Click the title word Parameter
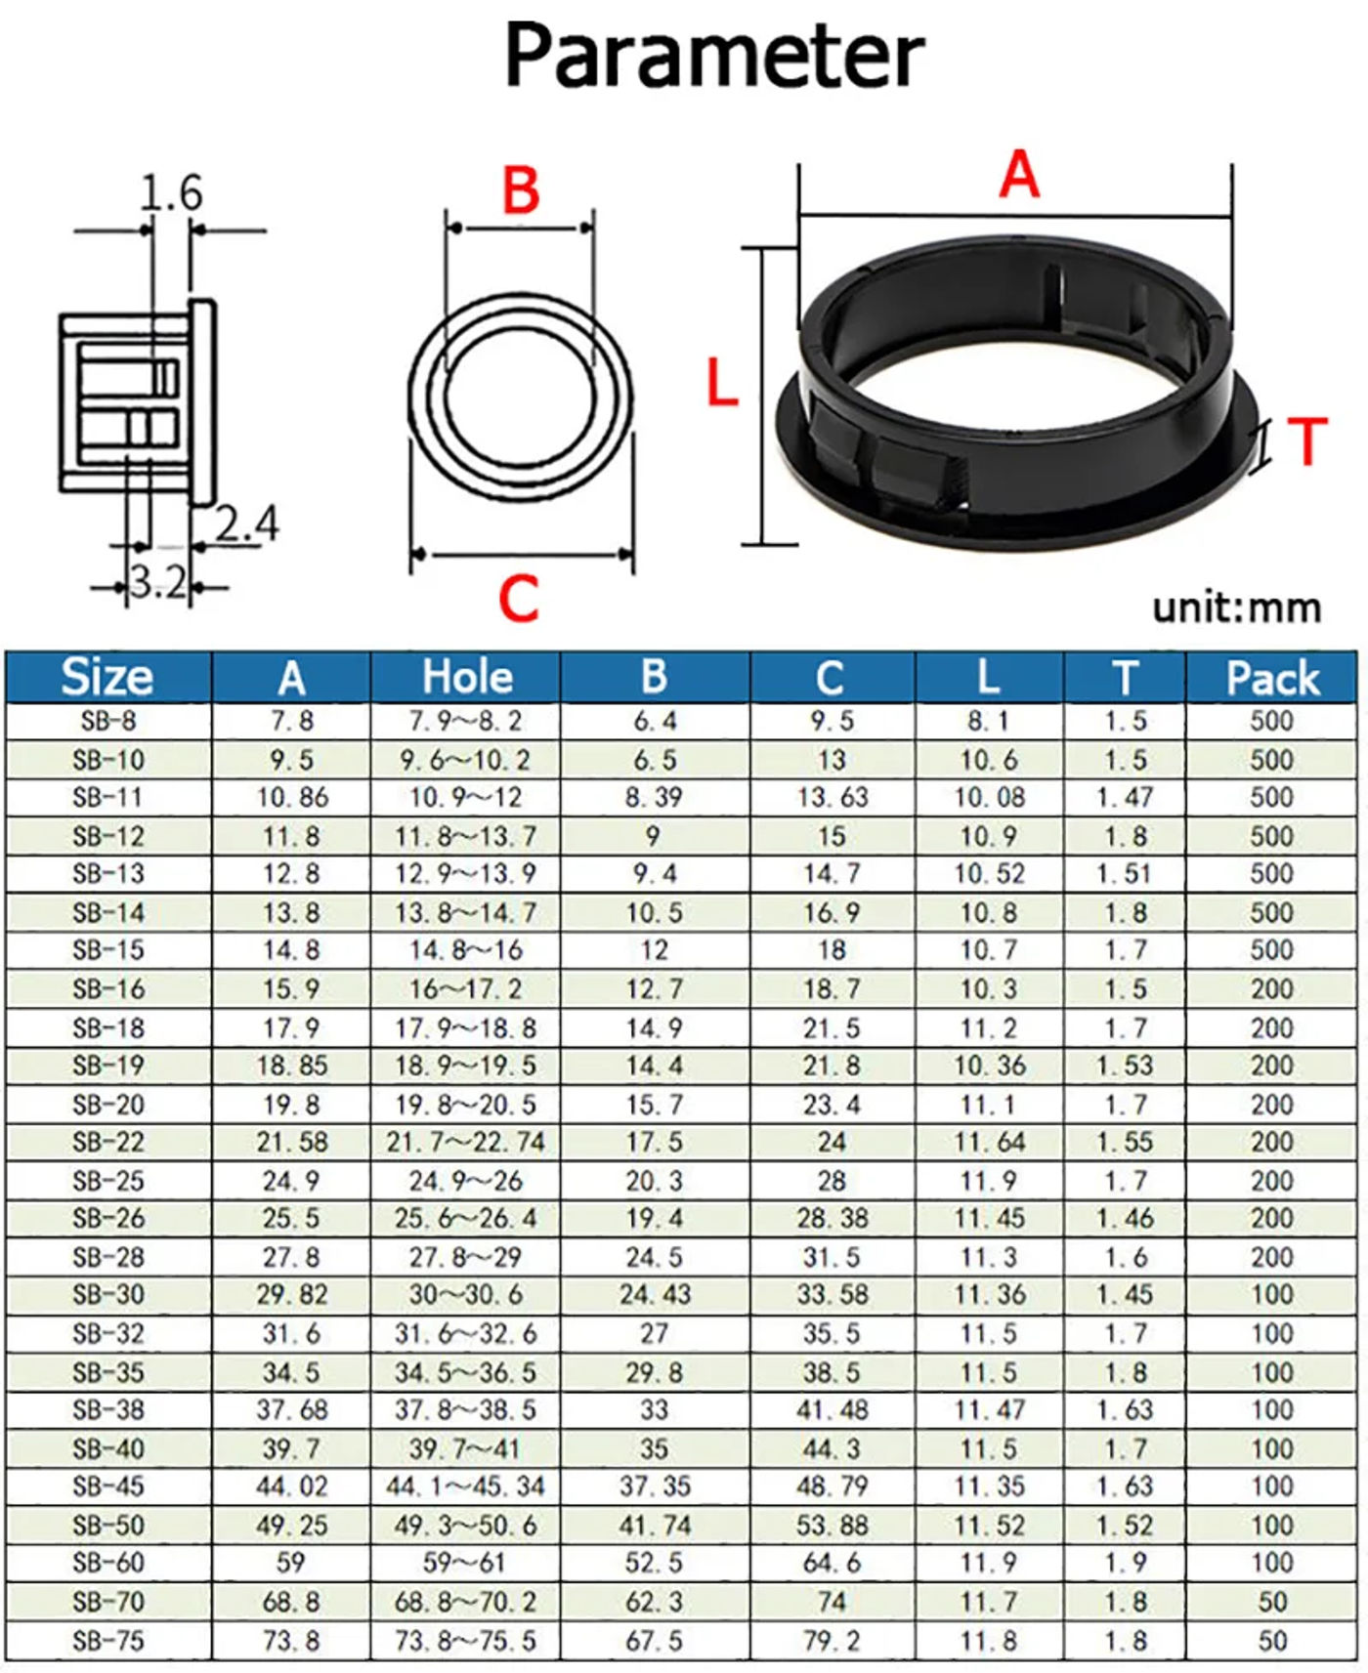[713, 56]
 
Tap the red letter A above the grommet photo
[1019, 176]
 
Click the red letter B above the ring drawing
[521, 189]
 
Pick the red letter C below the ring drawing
[518, 598]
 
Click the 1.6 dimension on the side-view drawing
[172, 192]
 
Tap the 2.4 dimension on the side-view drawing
[247, 523]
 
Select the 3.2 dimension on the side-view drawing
[158, 583]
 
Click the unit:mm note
[1236, 607]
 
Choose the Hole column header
[466, 677]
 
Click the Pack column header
[1272, 677]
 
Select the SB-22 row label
[108, 1142]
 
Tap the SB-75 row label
[108, 1641]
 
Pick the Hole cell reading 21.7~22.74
[465, 1142]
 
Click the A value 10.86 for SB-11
[292, 798]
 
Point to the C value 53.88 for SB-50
[832, 1525]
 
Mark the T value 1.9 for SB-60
[1125, 1563]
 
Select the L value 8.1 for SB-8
[988, 722]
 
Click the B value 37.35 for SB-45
[654, 1486]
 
